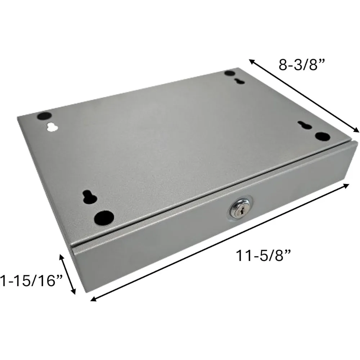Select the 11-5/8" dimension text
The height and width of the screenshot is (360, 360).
(x=263, y=257)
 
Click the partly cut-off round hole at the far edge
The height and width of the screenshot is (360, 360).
(x=229, y=73)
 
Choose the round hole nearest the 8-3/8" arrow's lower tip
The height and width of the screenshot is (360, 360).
(x=322, y=137)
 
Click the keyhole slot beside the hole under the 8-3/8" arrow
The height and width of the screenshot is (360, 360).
(x=305, y=125)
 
